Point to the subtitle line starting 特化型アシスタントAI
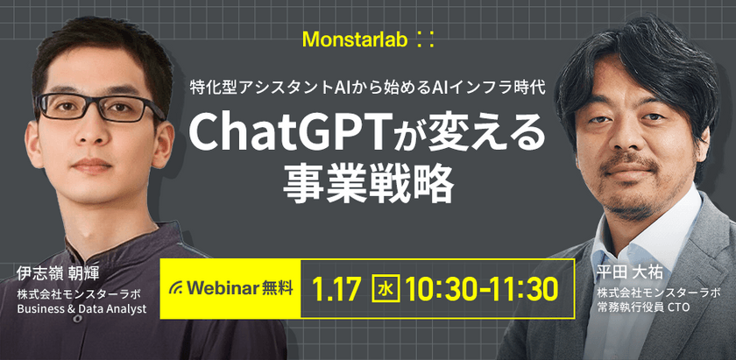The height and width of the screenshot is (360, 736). pos(368,88)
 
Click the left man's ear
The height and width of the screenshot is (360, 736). pos(166,131)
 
